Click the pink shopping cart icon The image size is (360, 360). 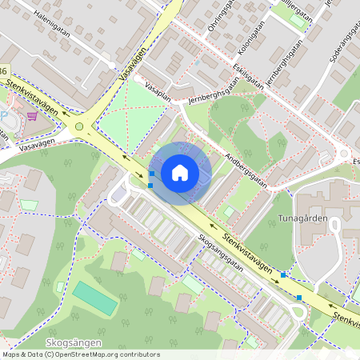[32, 115]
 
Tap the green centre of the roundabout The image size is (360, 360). [78, 126]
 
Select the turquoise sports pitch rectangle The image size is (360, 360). [95, 298]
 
